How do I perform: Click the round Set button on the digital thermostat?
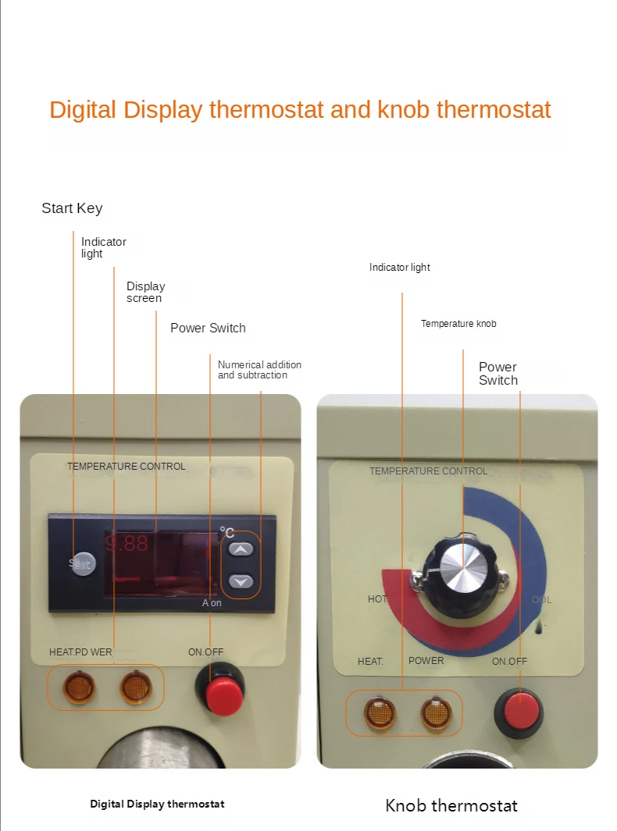point(82,563)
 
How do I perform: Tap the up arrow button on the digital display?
point(242,549)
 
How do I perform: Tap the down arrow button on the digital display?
point(242,581)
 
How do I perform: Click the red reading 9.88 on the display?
point(127,544)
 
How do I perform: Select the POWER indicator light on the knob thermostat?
point(436,713)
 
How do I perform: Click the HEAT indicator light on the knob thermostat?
point(380,713)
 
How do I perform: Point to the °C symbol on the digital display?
point(226,532)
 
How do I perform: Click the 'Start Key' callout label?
point(72,208)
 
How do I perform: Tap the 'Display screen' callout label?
point(145,292)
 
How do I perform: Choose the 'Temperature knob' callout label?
point(458,324)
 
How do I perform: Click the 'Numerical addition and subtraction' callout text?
point(259,370)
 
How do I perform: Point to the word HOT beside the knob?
point(377,599)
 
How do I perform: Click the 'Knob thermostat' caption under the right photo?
point(451,805)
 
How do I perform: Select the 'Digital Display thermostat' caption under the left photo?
point(157,804)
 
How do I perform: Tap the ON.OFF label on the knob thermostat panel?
point(509,661)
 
